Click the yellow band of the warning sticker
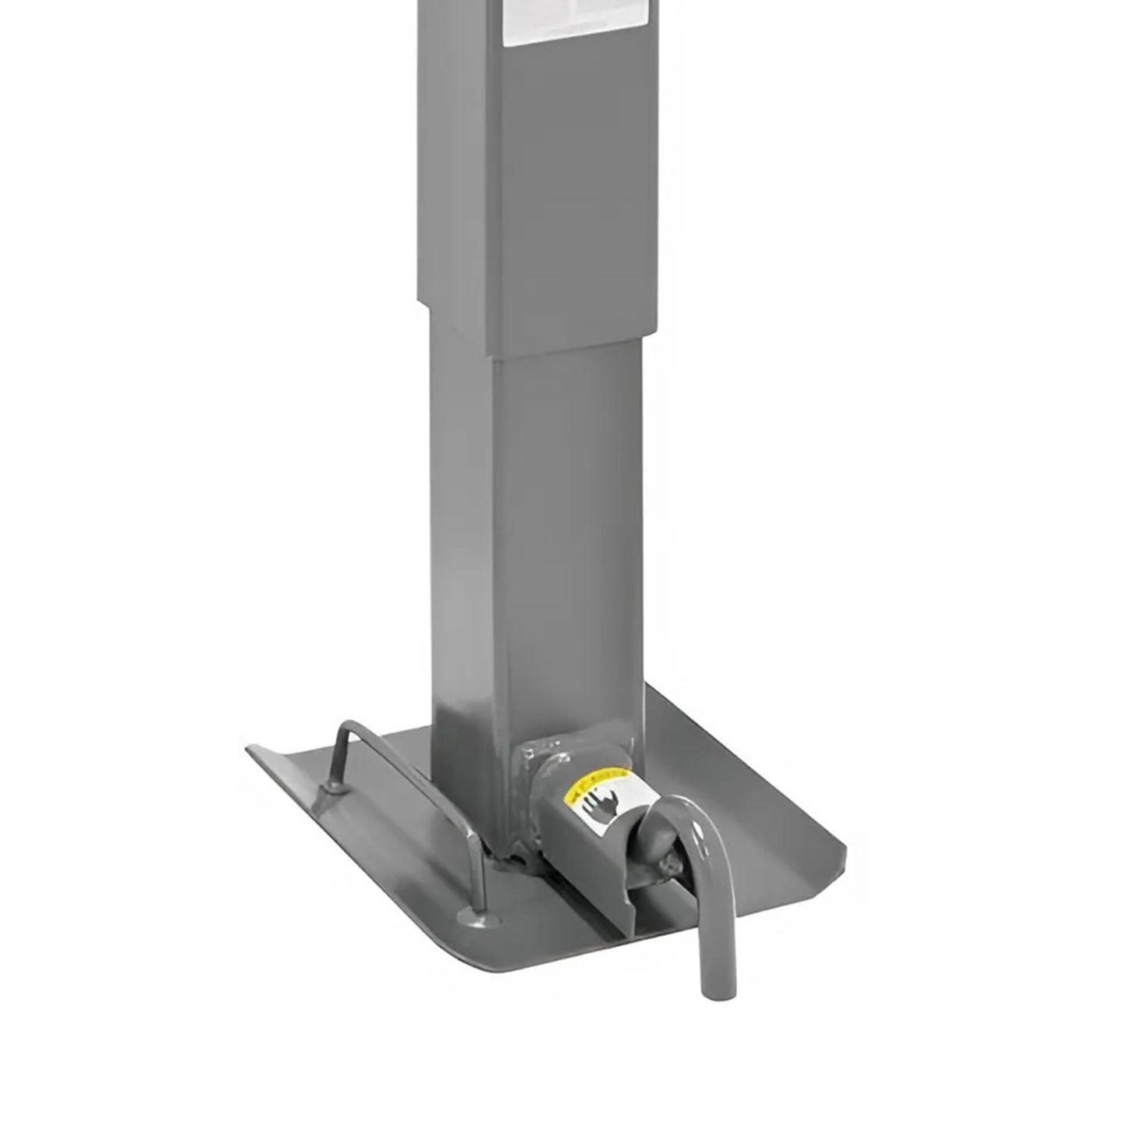pyautogui.click(x=597, y=783)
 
